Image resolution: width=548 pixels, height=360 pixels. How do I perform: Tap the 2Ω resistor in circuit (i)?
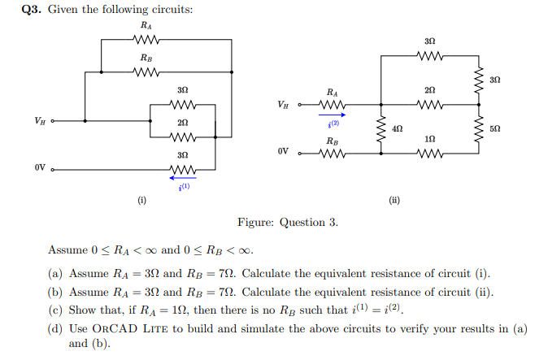coord(183,135)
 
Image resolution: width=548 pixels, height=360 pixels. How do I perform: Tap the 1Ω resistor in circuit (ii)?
coord(429,152)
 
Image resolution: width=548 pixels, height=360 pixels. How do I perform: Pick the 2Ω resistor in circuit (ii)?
coord(429,104)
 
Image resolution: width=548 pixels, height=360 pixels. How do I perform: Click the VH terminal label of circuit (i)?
coord(39,120)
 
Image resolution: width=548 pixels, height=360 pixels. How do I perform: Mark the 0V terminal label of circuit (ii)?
coord(282,152)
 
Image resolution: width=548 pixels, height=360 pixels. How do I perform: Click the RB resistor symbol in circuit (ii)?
coord(333,152)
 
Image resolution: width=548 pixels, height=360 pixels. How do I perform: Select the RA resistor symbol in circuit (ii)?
coord(333,104)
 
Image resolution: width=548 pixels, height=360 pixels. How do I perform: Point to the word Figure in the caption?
coord(255,222)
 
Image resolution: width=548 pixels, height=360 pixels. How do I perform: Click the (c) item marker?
coord(55,310)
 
